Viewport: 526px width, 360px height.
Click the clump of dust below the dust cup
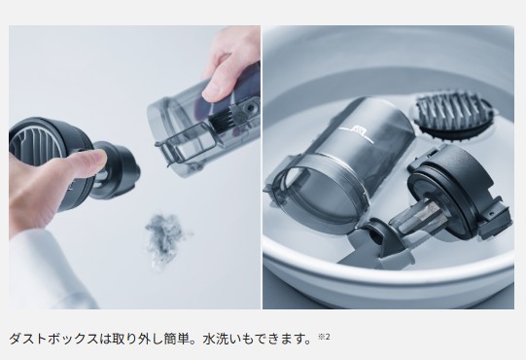(x=166, y=238)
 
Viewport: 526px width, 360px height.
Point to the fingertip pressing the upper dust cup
(x=215, y=90)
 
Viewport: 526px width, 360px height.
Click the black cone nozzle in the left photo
(x=118, y=169)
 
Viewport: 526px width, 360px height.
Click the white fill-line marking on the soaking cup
(x=357, y=133)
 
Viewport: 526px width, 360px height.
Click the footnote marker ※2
(x=324, y=336)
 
